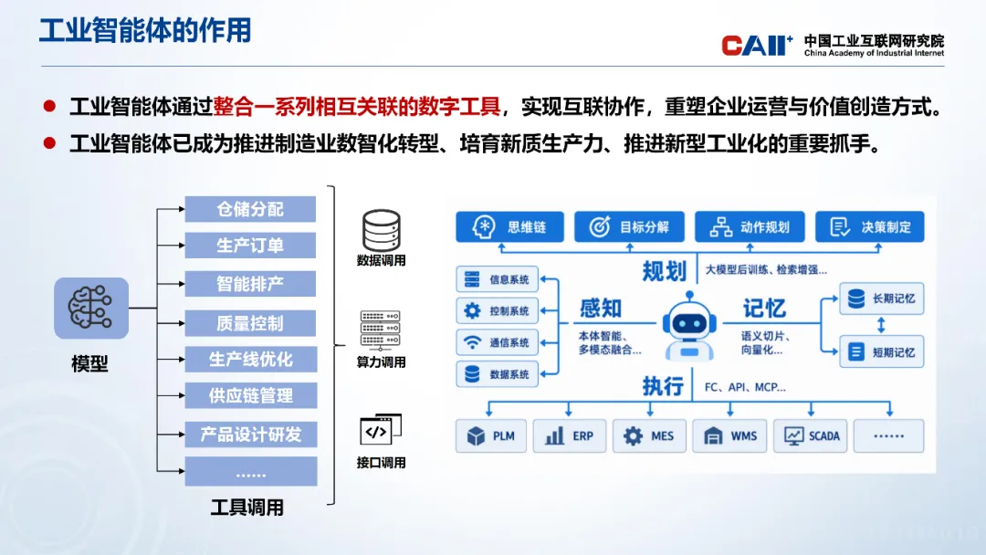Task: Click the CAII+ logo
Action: click(757, 46)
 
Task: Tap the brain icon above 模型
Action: click(91, 308)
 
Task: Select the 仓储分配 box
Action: click(250, 209)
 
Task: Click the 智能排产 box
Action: click(250, 284)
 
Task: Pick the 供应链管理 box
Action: click(250, 395)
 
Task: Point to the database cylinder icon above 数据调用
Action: click(381, 231)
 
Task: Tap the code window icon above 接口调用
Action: click(381, 430)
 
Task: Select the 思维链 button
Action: click(509, 227)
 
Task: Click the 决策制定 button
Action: click(870, 227)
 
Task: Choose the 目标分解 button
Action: click(629, 227)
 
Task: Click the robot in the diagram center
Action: click(689, 326)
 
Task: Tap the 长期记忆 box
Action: click(882, 298)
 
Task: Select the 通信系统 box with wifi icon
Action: click(498, 342)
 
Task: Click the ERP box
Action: click(570, 435)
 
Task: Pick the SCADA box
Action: click(811, 435)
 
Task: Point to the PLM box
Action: click(491, 435)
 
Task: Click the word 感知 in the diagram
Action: click(601, 308)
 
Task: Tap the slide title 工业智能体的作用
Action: click(145, 30)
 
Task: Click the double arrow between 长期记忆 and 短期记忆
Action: click(881, 325)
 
